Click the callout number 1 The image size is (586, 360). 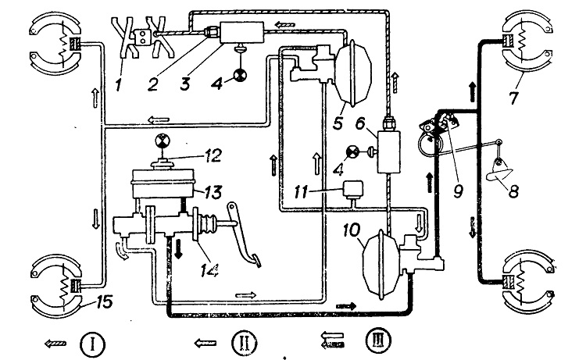pos(119,85)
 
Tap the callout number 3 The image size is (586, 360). pos(185,84)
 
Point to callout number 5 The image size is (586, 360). pos(338,122)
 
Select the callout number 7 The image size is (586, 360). pos(514,97)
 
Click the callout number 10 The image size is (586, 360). pos(352,230)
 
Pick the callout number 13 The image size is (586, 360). pos(213,192)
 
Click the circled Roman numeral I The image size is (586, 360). pos(93,344)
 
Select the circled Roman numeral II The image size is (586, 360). pos(244,343)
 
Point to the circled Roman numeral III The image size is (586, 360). pos(379,340)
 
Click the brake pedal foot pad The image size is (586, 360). pos(255,261)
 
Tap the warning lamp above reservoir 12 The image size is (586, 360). pos(163,141)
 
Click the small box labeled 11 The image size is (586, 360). pos(353,188)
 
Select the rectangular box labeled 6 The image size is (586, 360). pos(388,151)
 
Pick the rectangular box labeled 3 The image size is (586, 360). pos(242,33)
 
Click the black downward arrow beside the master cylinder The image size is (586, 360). pos(178,248)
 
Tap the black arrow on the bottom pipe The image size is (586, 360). pos(346,306)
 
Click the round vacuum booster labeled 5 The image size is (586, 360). pos(353,73)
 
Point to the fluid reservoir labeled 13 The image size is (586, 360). pos(163,184)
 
